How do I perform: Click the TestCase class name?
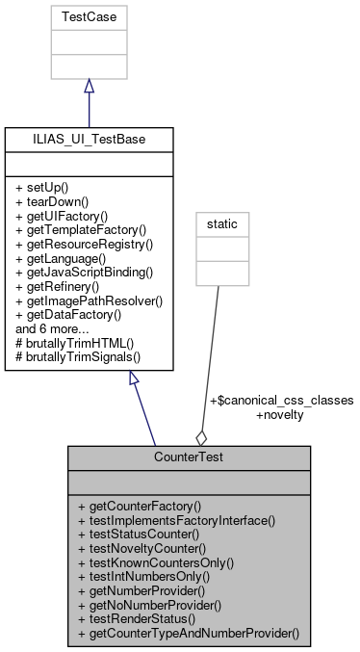[x=89, y=17]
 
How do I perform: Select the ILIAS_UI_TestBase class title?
[x=89, y=140]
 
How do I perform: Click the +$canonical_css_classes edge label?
[x=281, y=400]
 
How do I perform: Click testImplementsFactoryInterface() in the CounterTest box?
[x=176, y=520]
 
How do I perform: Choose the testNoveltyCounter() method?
[x=143, y=548]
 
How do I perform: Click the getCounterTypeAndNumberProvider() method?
[x=189, y=635]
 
